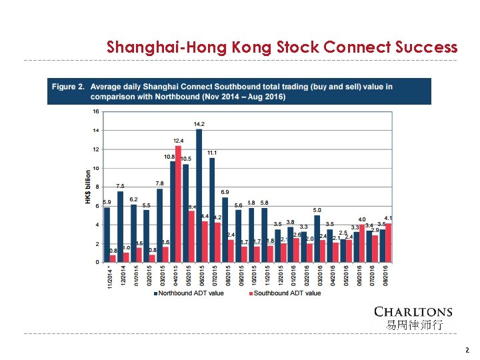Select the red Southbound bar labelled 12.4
click(x=178, y=204)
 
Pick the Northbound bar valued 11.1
click(x=211, y=210)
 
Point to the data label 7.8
click(x=159, y=183)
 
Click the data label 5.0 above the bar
click(x=317, y=210)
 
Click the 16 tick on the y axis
click(x=96, y=111)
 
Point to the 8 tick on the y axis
click(x=97, y=187)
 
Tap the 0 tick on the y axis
click(x=97, y=263)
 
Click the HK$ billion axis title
click(x=88, y=187)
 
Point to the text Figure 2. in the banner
click(x=67, y=87)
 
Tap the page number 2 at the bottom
click(x=467, y=350)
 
